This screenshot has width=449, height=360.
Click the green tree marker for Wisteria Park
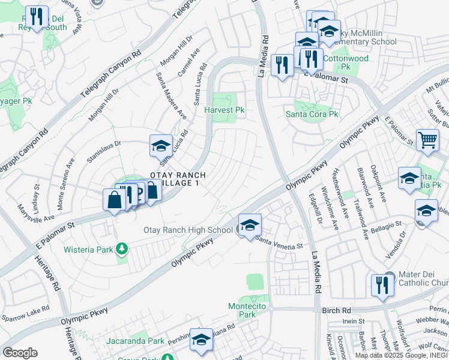coord(122,248)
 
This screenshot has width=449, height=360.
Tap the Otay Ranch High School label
coord(188,230)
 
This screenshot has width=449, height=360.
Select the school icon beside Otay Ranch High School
coord(250,226)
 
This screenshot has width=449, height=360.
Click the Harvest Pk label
coord(224,110)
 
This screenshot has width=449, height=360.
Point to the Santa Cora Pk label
coord(312,114)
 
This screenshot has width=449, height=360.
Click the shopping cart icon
coord(427,140)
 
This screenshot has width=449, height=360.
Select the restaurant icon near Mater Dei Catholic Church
coord(382,286)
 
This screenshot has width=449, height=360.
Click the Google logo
coord(20,353)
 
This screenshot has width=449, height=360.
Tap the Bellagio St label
coord(386,224)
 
